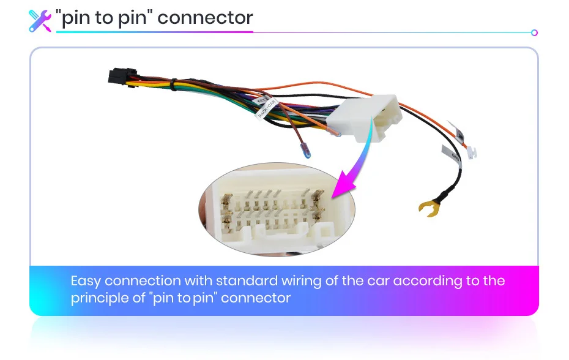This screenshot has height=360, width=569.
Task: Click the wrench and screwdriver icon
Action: pos(40,20)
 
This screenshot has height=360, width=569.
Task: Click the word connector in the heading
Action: pos(205,18)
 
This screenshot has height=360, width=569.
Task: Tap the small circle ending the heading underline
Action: pos(534,32)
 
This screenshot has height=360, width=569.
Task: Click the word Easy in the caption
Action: pos(86,282)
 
